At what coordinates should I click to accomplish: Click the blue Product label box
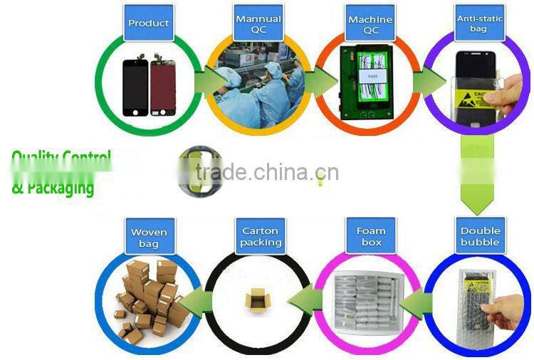[148, 23]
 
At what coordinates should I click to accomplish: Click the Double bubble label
[481, 236]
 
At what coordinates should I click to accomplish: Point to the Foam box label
[370, 236]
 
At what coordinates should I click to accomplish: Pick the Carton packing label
[260, 236]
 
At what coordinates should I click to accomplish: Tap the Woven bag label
[149, 238]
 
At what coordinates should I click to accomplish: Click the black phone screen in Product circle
[135, 87]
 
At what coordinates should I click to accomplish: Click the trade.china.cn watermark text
[266, 173]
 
